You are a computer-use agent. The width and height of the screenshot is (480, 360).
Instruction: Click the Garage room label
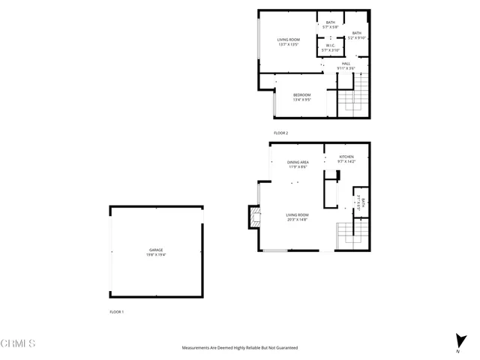[x=156, y=250]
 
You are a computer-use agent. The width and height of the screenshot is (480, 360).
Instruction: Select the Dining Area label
[x=298, y=162]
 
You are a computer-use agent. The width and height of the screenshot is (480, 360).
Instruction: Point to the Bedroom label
[x=302, y=94]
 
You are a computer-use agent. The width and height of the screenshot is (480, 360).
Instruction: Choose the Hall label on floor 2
[x=346, y=64]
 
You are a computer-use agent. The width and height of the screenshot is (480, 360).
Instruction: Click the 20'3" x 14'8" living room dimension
[x=298, y=220]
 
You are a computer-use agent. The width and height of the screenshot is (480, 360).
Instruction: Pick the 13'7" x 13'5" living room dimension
[x=289, y=45]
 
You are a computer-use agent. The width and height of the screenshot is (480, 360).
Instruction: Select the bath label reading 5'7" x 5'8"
[x=331, y=28]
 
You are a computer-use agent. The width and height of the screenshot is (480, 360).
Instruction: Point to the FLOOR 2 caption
[x=281, y=133]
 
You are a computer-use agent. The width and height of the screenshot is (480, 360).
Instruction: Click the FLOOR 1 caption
[x=116, y=311]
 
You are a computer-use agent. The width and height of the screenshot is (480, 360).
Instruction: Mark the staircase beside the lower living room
[x=352, y=235]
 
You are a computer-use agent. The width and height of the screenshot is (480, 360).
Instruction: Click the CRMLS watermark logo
[x=18, y=344]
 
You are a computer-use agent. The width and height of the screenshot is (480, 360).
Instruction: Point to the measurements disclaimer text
[x=240, y=348]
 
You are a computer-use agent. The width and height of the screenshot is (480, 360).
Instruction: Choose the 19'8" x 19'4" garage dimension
[x=156, y=255]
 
